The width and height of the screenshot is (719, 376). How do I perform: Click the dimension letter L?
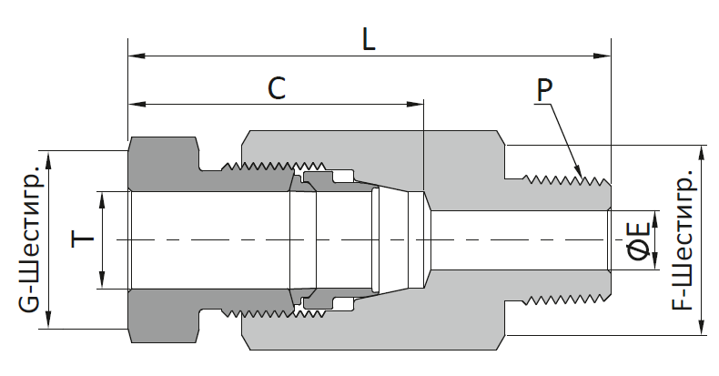pos(369,39)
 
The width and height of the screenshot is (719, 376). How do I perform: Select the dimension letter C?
pos(277,88)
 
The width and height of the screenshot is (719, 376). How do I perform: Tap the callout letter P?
pos(544,90)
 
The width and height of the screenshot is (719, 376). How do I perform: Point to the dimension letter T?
pos(83,239)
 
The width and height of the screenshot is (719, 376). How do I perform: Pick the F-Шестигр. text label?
pos(683,240)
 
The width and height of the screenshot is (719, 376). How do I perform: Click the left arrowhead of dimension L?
pos(137,56)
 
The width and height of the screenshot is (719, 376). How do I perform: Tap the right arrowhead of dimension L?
pos(603,56)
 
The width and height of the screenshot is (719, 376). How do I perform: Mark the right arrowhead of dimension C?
pos(415,105)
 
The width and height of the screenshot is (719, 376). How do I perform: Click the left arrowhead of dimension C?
pos(137,105)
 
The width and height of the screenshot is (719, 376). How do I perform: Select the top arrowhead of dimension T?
pos(102,200)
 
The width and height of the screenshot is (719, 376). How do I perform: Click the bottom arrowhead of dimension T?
pos(102,280)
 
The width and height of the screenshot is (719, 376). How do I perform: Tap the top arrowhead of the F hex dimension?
pos(702,154)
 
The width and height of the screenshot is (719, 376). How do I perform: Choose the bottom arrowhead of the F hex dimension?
pos(702,327)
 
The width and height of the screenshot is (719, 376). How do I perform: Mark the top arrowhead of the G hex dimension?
pos(48,159)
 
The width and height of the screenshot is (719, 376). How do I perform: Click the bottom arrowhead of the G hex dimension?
pos(48,320)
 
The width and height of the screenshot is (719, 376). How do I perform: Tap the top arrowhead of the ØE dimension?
pos(654,219)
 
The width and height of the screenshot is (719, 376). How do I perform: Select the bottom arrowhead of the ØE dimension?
pos(654,261)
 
